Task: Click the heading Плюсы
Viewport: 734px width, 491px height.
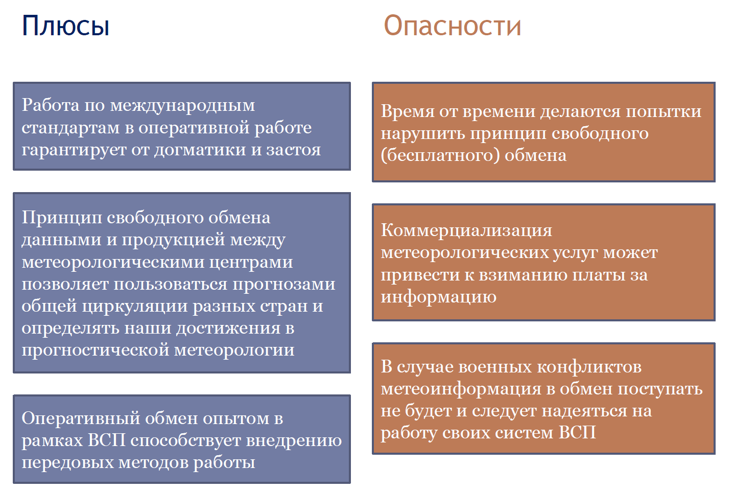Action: pos(65,26)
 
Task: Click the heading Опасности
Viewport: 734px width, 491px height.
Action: pos(452,26)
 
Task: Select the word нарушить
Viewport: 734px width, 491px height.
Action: pos(422,133)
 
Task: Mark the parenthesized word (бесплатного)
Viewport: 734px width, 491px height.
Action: pos(440,155)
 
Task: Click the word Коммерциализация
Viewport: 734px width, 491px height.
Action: pos(466,230)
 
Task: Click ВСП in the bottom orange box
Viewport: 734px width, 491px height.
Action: pos(577,433)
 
